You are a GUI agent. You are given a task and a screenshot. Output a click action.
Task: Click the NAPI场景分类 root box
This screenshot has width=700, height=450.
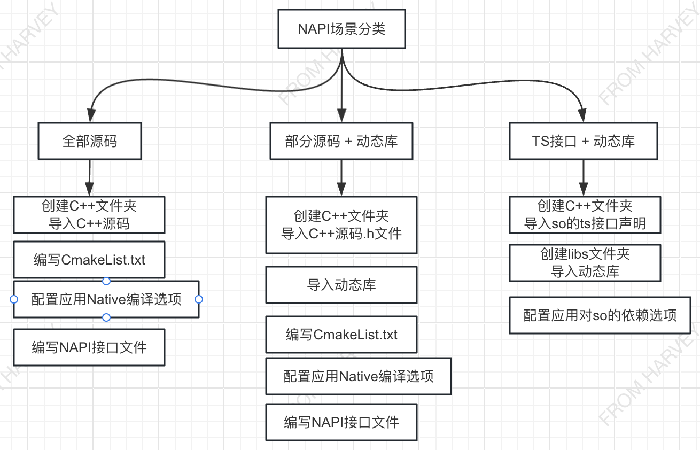click(341, 29)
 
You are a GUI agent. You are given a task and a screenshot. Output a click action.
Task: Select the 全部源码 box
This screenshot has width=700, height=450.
click(89, 141)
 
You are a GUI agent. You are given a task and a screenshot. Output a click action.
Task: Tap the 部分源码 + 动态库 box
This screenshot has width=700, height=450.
click(341, 141)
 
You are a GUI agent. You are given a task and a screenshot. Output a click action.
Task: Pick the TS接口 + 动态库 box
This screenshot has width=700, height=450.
click(583, 141)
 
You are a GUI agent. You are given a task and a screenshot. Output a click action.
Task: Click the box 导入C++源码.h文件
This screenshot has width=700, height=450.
click(341, 225)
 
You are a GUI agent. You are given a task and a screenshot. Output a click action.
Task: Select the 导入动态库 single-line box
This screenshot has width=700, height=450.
click(341, 285)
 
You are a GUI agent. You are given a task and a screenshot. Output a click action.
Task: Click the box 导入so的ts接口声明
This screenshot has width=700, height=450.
click(585, 215)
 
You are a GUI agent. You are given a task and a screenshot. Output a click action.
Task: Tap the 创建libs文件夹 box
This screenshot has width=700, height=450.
click(585, 262)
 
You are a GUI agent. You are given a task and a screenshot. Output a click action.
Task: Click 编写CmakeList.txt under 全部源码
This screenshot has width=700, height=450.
click(89, 260)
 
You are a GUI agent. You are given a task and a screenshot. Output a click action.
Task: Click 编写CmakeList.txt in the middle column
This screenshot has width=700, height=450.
click(341, 335)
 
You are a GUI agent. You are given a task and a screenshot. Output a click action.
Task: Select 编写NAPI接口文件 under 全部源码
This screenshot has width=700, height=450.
click(89, 347)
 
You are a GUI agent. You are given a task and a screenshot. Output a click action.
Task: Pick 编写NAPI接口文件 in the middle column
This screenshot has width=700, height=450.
click(341, 422)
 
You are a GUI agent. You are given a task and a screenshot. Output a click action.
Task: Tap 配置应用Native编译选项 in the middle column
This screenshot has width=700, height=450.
click(358, 376)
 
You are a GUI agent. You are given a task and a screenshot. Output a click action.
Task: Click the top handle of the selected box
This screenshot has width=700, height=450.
click(106, 281)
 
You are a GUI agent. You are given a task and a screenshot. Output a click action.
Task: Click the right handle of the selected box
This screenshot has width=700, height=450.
click(199, 299)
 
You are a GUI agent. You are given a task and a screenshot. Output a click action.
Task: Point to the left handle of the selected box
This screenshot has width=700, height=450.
click(14, 299)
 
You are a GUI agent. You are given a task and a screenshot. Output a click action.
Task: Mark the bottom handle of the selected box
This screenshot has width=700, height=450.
click(106, 317)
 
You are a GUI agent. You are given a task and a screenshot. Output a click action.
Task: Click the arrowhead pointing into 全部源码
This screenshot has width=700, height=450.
click(91, 115)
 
